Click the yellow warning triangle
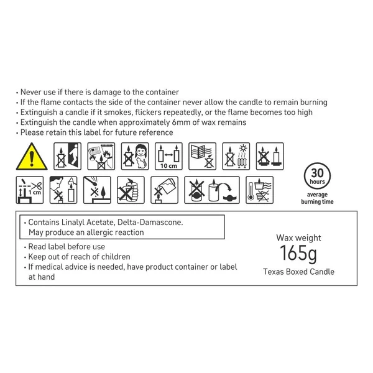32,157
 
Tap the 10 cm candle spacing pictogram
168,156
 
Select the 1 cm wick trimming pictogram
30,190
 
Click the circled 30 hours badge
317,176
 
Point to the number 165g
298,254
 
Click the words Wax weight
298,237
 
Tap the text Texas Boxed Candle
298,272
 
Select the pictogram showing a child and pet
135,156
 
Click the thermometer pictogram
259,190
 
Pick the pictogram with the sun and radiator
236,156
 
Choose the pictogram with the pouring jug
164,190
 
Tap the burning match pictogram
97,190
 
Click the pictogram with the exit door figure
68,156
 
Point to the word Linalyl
73,223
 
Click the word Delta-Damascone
150,223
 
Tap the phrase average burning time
317,198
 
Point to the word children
116,257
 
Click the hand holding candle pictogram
131,190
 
